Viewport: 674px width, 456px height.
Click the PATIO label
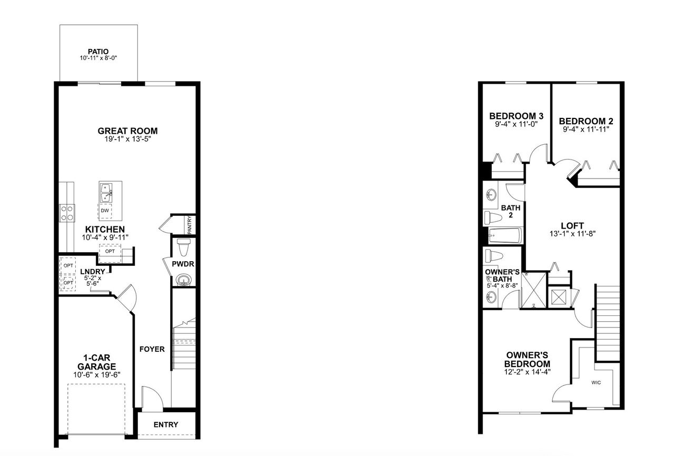[98, 52]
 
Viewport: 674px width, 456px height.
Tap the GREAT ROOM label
[128, 131]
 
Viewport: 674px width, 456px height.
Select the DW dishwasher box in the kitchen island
[105, 211]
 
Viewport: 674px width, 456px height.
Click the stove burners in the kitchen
[67, 212]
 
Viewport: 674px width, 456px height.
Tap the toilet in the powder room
[183, 246]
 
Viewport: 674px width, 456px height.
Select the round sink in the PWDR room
[183, 279]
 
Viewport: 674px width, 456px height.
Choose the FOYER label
[152, 349]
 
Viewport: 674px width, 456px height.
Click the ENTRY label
[166, 425]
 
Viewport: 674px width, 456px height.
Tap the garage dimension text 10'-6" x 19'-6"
[97, 375]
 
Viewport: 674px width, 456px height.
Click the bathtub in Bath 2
[504, 235]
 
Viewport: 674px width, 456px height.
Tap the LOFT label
[572, 225]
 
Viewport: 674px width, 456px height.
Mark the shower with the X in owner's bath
[533, 289]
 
